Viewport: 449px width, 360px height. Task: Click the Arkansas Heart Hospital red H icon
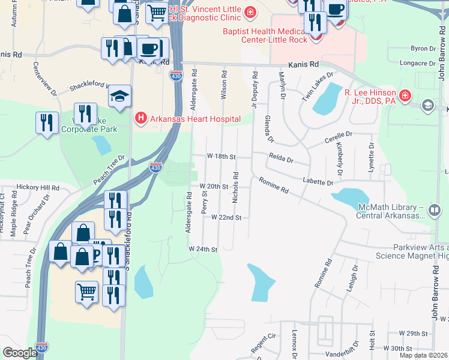click(140, 116)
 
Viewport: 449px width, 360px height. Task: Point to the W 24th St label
click(202, 248)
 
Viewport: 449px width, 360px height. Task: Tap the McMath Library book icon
click(434, 211)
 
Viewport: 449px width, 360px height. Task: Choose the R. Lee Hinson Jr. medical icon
click(405, 95)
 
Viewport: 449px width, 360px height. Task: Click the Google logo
click(20, 353)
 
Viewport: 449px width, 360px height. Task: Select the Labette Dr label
click(318, 182)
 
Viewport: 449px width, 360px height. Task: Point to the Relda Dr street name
click(281, 160)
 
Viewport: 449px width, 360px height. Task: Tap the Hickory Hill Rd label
click(38, 187)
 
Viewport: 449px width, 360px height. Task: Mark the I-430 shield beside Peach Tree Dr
click(155, 167)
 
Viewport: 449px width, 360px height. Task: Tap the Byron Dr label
click(422, 48)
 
